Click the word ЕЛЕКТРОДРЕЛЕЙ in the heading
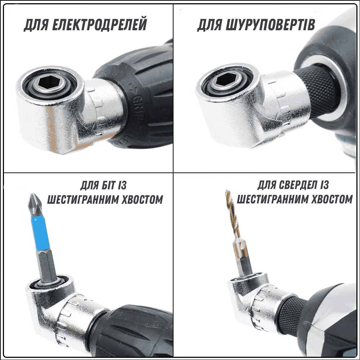(99, 24)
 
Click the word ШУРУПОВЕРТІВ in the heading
(270, 24)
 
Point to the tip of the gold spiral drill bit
(227, 190)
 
